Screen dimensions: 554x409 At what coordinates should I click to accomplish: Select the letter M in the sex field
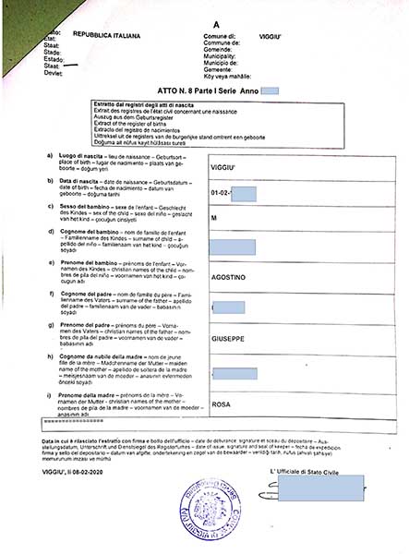[214, 218]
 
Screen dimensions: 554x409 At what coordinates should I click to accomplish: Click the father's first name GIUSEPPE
[230, 339]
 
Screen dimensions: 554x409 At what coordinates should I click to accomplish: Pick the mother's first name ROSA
[221, 403]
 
